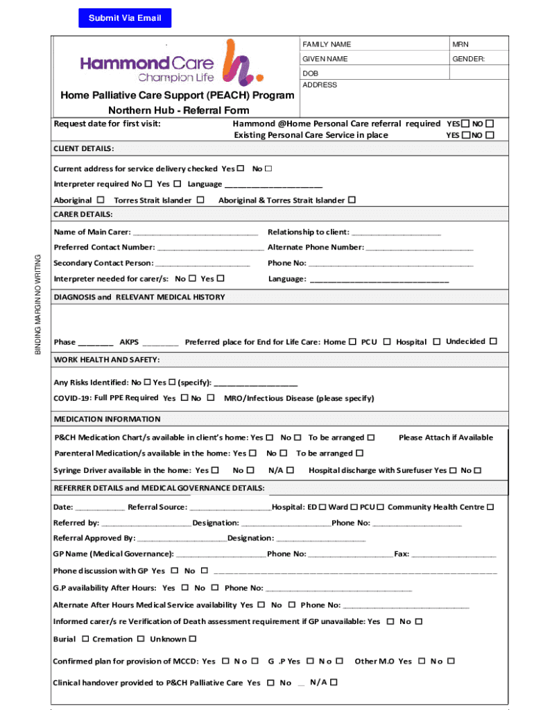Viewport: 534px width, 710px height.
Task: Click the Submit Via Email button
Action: pos(125,18)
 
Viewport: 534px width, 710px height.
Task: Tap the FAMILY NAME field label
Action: pos(326,44)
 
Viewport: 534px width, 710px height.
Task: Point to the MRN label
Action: pos(460,44)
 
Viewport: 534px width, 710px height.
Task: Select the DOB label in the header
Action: pos(310,73)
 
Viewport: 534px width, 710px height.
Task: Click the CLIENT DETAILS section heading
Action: pos(84,148)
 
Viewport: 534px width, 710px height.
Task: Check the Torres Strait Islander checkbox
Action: pos(200,200)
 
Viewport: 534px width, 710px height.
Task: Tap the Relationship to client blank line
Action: pos(396,232)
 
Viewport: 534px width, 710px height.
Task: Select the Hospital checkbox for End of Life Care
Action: pos(437,341)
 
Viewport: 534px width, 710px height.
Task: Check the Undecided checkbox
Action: pos(493,341)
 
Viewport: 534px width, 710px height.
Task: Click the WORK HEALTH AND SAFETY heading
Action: pos(107,359)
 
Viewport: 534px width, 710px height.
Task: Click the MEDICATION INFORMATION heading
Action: pos(107,419)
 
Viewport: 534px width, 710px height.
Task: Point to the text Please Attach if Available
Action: pos(446,438)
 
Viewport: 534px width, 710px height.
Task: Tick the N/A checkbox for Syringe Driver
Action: pos(291,470)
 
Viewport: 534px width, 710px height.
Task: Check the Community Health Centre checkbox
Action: pos(490,507)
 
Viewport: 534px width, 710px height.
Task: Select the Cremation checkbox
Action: pos(140,639)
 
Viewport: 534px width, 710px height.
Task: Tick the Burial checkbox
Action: pos(85,639)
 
